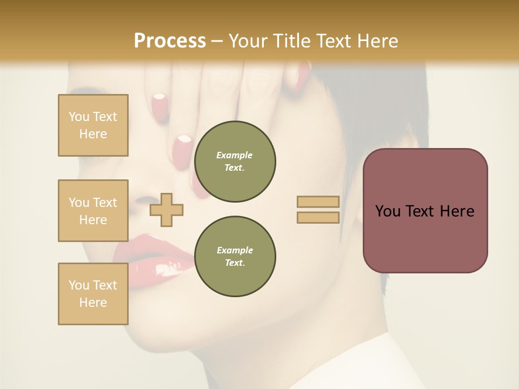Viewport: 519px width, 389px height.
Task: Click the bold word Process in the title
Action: click(170, 41)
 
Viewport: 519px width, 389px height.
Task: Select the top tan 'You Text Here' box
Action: click(93, 125)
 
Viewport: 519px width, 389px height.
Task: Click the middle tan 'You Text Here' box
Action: click(93, 211)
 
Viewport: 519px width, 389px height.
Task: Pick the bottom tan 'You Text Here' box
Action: click(93, 294)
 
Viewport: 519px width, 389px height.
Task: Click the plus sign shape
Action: click(167, 209)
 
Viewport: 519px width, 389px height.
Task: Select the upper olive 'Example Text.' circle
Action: click(235, 162)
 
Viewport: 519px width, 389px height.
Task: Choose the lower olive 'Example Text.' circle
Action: click(235, 257)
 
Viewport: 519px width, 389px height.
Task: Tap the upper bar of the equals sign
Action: click(318, 202)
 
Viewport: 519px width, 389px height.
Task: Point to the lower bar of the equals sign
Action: click(318, 218)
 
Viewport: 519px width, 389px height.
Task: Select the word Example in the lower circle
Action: click(235, 250)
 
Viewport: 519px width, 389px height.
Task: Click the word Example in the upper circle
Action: click(235, 155)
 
